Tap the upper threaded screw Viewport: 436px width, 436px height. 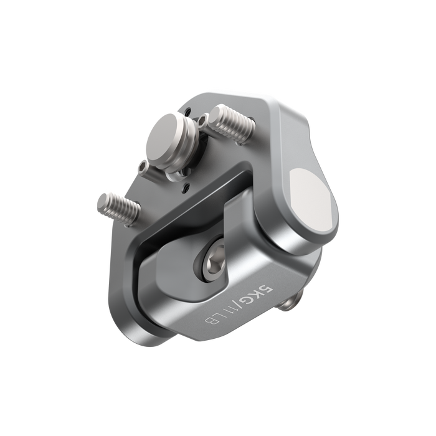click(231, 124)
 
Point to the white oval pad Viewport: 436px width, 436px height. click(309, 201)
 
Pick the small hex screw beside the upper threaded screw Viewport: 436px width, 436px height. click(202, 120)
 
